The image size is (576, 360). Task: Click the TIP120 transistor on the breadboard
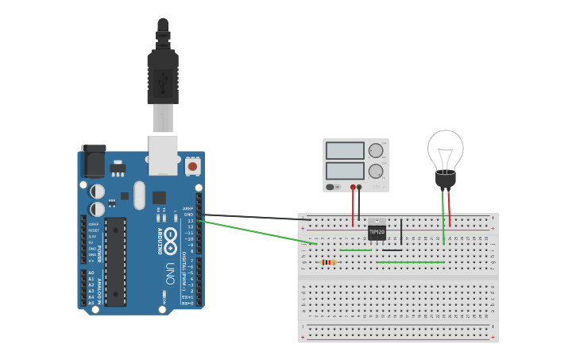[377, 230]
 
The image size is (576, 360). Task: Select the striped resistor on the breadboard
[328, 262]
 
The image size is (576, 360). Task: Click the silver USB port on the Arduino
[163, 154]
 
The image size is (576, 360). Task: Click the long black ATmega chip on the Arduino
[115, 261]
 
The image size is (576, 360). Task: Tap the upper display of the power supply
[345, 150]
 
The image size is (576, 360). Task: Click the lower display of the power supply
[345, 171]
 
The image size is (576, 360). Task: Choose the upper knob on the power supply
[376, 150]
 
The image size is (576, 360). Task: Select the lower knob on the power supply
[376, 171]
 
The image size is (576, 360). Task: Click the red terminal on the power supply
[353, 188]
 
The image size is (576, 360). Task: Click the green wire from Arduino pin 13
[254, 232]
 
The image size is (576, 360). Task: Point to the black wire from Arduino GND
[254, 217]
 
